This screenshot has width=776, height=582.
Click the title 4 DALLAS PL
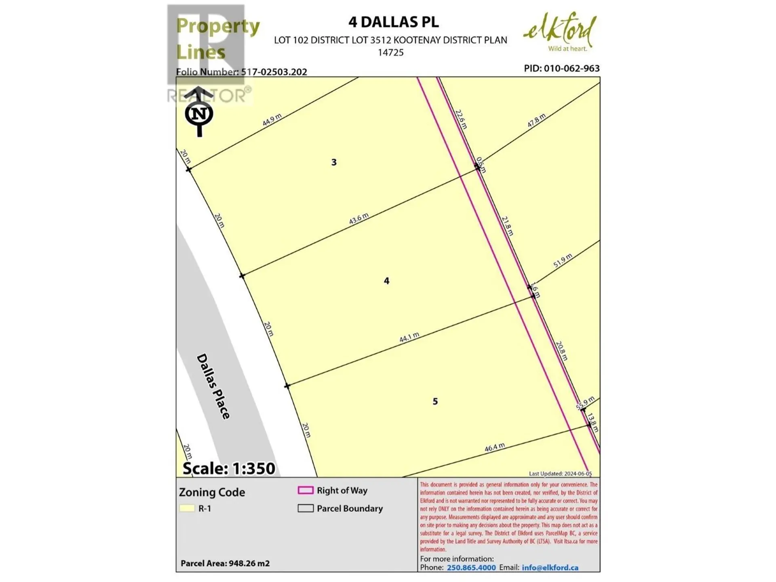tap(393, 22)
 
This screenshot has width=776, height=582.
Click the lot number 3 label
tap(334, 162)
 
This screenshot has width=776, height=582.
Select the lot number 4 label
tap(386, 281)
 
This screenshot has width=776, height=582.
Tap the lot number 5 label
tap(435, 401)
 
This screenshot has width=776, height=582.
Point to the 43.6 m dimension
tap(359, 219)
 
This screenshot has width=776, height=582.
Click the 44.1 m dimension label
tap(409, 337)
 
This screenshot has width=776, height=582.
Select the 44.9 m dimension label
tap(272, 120)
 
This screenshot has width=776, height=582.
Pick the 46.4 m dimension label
tap(495, 447)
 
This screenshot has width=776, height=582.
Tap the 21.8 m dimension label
tap(508, 226)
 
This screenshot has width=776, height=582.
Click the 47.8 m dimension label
tap(536, 120)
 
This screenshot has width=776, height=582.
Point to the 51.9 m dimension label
tap(563, 261)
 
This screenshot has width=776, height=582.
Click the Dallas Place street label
tap(213, 386)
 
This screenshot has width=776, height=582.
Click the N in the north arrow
tap(199, 114)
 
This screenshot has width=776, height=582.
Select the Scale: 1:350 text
tap(229, 468)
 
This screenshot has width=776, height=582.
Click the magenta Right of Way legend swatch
tap(306, 490)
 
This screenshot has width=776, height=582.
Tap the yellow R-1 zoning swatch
tap(187, 508)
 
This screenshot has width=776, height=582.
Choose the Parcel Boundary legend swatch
tap(306, 508)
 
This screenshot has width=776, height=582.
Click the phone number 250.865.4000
tap(471, 567)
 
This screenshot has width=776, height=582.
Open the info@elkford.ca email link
tap(550, 567)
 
